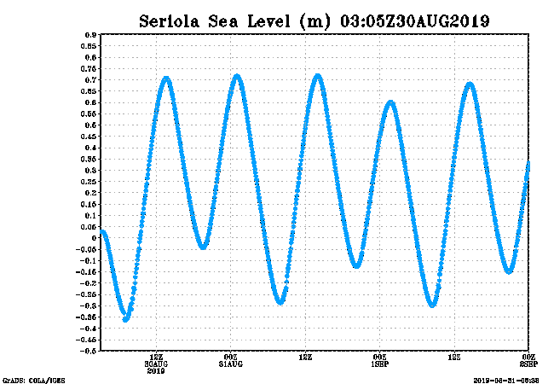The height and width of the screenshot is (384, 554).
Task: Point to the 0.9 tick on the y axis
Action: [x=89, y=35]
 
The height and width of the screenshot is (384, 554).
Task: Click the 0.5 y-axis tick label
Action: [x=89, y=125]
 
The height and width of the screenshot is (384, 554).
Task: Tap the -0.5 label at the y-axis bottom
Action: [x=88, y=351]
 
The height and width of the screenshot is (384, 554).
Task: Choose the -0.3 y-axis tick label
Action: [x=88, y=305]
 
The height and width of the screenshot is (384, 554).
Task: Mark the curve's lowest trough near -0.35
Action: [x=126, y=318]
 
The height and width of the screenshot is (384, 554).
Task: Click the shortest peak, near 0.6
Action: [x=390, y=103]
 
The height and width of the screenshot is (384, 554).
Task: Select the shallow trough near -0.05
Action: [x=203, y=246]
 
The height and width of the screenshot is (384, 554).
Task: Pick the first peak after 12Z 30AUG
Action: [x=166, y=79]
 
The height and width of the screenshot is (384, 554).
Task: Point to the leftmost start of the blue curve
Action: [x=102, y=232]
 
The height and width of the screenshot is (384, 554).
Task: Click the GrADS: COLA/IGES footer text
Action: [x=33, y=379]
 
